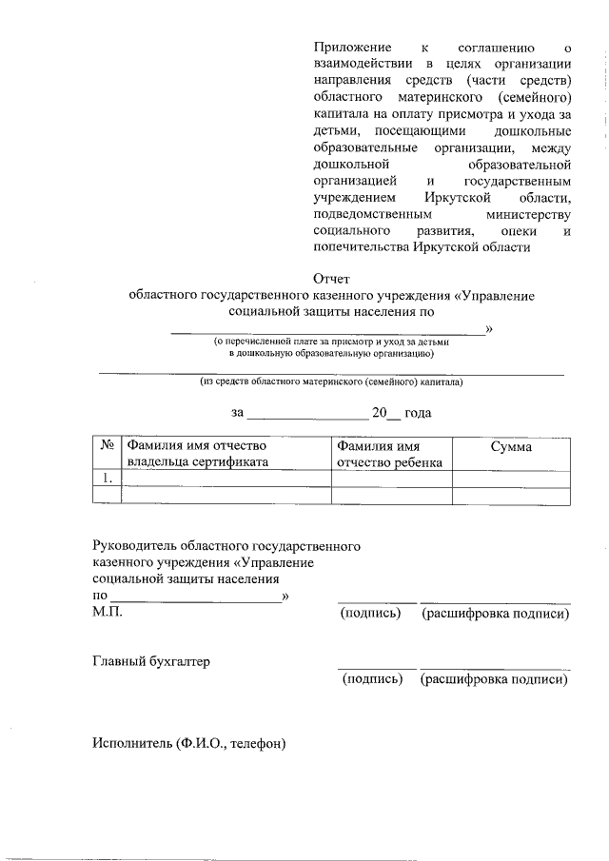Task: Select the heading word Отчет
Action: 332,279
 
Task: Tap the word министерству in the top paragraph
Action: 526,215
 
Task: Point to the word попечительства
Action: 361,247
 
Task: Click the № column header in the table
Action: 108,446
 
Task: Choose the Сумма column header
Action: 510,446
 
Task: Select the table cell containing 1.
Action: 108,479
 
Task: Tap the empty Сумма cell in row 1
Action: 511,479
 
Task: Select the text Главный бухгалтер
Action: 150,661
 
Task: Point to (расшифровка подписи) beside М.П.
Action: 495,615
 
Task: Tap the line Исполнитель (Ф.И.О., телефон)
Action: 188,743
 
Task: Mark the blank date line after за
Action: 306,415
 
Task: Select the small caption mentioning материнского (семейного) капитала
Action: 331,382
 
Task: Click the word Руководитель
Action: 132,547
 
